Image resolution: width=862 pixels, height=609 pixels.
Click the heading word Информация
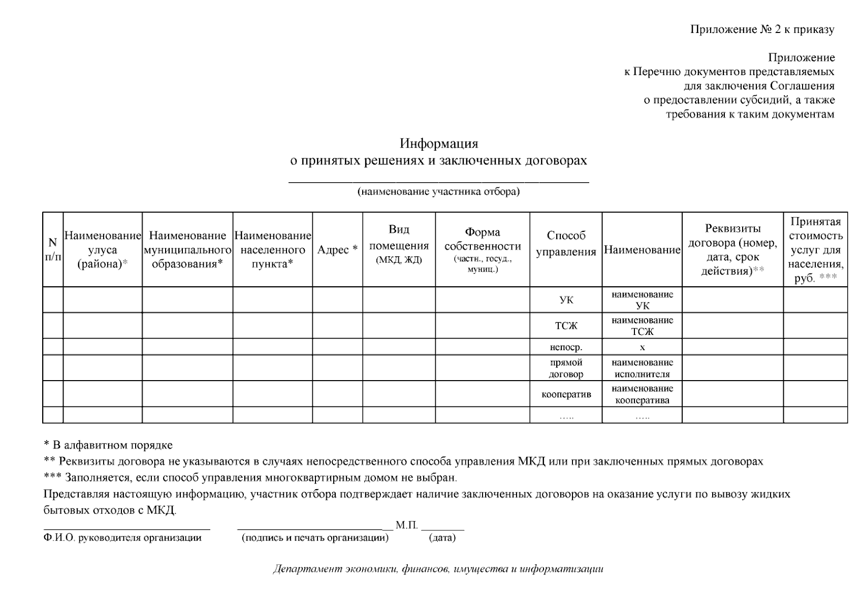coord(438,144)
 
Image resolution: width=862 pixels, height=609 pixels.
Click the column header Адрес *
coord(337,250)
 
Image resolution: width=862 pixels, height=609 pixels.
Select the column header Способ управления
coord(565,244)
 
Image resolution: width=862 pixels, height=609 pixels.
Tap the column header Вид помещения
coord(399,244)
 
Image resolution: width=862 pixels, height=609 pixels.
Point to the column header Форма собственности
coord(482,249)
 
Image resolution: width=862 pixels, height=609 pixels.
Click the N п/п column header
coord(52,250)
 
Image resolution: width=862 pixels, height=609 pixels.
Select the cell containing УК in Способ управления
coord(566,300)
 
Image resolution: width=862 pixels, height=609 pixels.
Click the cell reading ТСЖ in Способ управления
coord(566,326)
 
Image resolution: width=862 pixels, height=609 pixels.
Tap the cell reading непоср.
coord(566,348)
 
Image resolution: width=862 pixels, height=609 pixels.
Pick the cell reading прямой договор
coord(566,368)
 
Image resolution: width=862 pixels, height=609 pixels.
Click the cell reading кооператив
coord(566,394)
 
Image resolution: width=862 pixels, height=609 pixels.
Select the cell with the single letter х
coord(642,348)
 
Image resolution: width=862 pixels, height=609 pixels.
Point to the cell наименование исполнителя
coord(642,368)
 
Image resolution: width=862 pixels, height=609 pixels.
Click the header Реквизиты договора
coord(732,250)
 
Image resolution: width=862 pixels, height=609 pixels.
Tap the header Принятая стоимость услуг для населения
coord(815,250)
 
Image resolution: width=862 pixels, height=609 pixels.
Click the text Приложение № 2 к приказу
coord(762,29)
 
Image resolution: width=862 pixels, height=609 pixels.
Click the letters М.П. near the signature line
coord(406,525)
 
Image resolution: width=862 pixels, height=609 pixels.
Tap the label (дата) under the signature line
coord(442,538)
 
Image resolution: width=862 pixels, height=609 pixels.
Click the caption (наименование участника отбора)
coord(438,192)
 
